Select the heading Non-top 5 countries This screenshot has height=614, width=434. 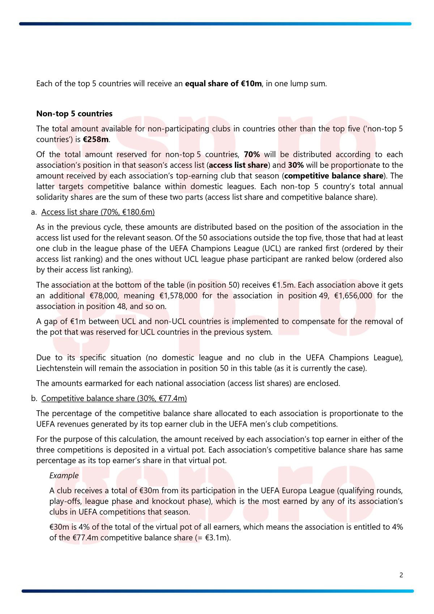pos(74,114)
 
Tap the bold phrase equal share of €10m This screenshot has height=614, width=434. pos(223,84)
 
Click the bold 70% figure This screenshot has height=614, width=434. pos(252,154)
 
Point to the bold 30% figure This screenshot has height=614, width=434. pos(295,165)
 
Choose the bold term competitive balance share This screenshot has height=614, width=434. pos(334,176)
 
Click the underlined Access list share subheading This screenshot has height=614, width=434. pos(98,212)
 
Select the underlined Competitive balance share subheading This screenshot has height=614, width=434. pos(114,398)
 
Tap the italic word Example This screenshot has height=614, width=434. pos(64,475)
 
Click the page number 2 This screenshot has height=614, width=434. pos(401,575)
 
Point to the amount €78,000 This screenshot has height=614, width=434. pos(104,296)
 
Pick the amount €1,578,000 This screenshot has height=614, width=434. pos(178,296)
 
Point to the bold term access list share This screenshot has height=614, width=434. pos(238,165)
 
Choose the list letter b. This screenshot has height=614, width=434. pos(34,398)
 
